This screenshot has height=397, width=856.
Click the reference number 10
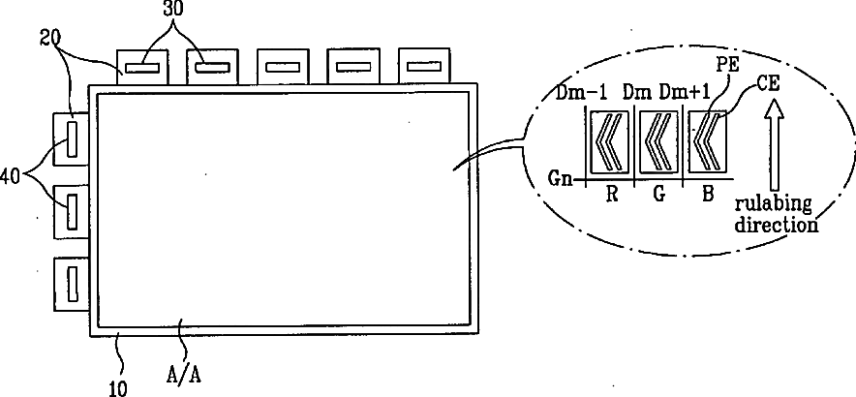[x=118, y=389]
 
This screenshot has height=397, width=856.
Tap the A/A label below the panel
[x=183, y=376]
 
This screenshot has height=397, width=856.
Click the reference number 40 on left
[x=11, y=177]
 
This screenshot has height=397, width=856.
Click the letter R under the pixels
[x=611, y=210]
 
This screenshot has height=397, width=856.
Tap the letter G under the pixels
[x=658, y=210]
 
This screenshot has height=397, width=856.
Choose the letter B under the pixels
[x=708, y=210]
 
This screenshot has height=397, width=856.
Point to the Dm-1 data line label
[x=576, y=93]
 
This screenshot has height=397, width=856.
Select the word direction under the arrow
[x=777, y=225]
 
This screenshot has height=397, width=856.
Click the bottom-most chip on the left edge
[x=71, y=283]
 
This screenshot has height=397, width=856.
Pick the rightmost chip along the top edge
[x=424, y=67]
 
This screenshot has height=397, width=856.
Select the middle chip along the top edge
[x=282, y=67]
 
